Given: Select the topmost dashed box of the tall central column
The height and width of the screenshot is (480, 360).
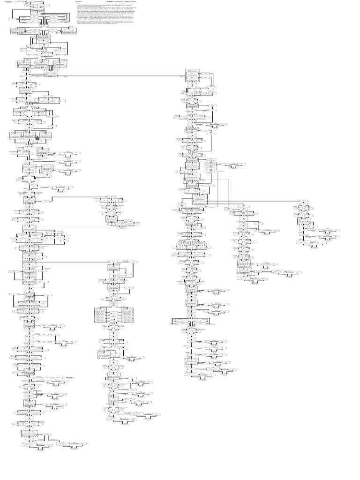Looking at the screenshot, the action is pos(192,76).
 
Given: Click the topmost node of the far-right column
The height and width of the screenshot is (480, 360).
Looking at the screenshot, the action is pos(304,202).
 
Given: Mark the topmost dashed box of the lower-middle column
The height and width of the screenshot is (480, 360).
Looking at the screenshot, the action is pos(113,268).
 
